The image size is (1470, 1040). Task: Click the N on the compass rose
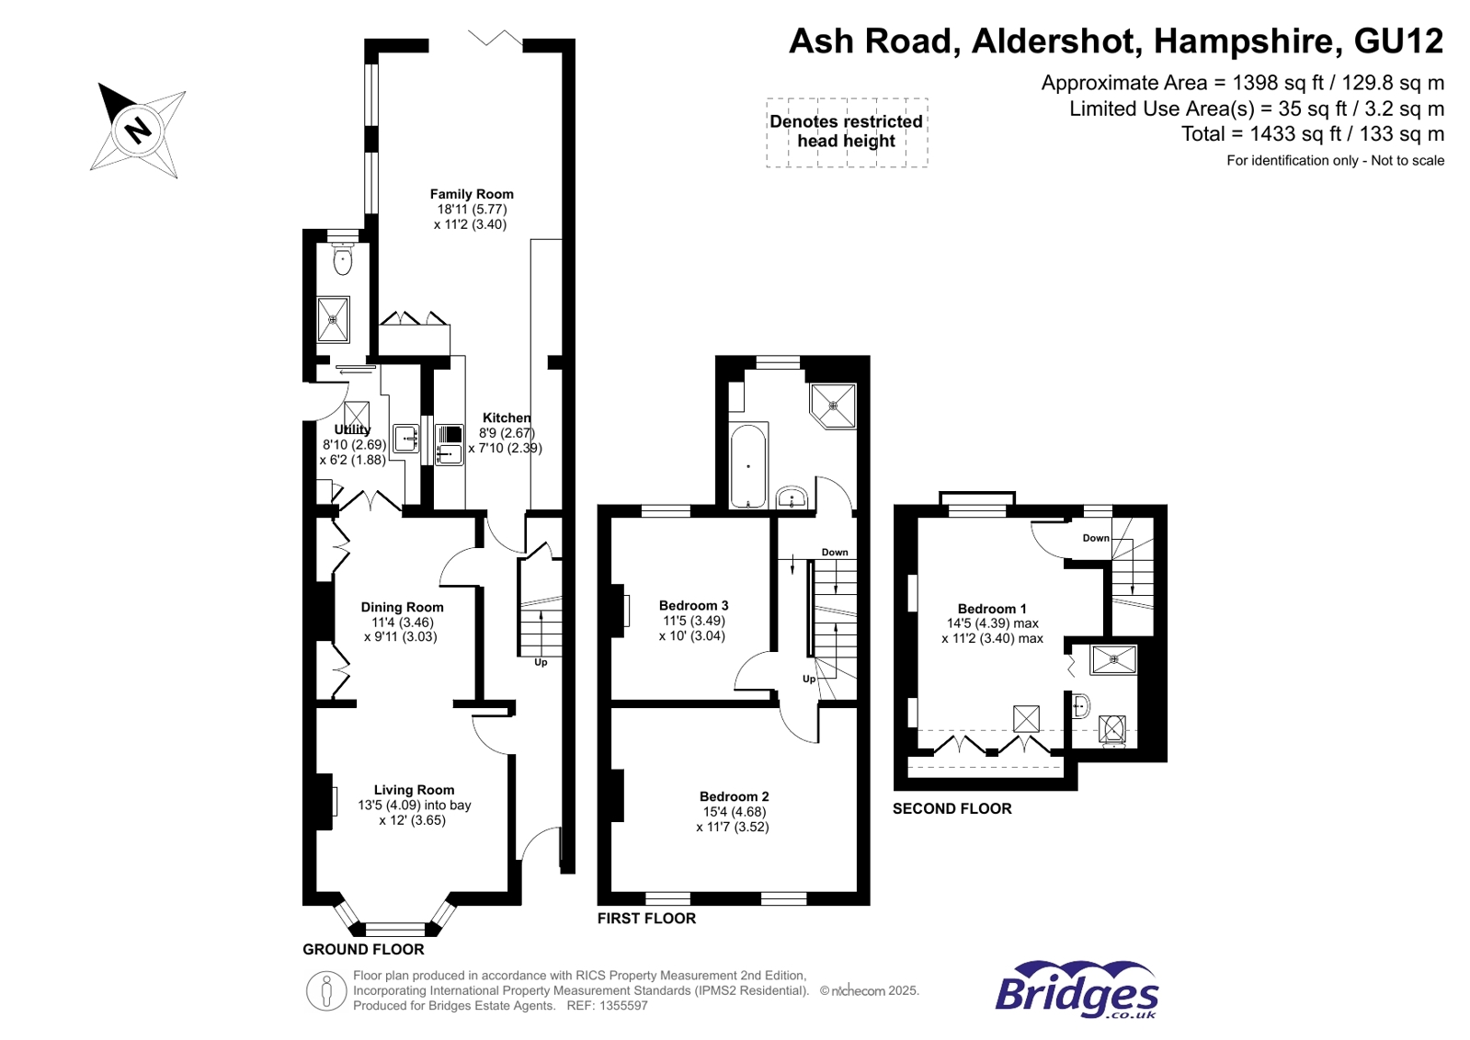pyautogui.click(x=139, y=130)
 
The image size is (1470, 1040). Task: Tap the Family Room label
pyautogui.click(x=472, y=194)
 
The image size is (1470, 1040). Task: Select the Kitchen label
pyautogui.click(x=507, y=417)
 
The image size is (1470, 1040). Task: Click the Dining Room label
pyautogui.click(x=402, y=607)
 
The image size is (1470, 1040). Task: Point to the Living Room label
pyautogui.click(x=414, y=790)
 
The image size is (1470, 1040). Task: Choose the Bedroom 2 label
pyautogui.click(x=734, y=796)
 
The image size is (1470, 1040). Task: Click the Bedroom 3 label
pyautogui.click(x=693, y=605)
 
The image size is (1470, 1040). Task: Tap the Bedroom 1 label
pyautogui.click(x=992, y=609)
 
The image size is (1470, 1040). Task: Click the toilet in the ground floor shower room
pyautogui.click(x=343, y=259)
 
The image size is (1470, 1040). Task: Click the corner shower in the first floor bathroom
pyautogui.click(x=833, y=406)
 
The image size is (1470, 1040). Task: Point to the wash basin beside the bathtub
pyautogui.click(x=792, y=497)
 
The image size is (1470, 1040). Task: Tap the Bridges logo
pyautogui.click(x=1077, y=989)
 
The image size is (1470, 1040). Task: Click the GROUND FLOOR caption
pyautogui.click(x=363, y=949)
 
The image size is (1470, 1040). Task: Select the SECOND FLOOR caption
pyautogui.click(x=952, y=809)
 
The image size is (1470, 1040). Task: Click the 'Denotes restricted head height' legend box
pyautogui.click(x=847, y=132)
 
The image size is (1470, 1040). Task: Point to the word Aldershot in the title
pyautogui.click(x=1054, y=40)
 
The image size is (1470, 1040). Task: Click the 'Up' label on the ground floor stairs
pyautogui.click(x=541, y=662)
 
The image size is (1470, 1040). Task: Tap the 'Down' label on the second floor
pyautogui.click(x=1096, y=538)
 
